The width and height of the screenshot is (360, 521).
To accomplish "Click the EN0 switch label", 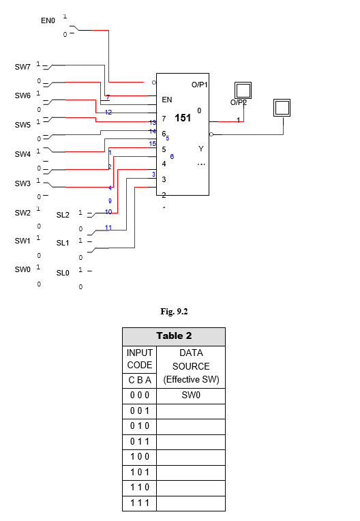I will click(48, 21).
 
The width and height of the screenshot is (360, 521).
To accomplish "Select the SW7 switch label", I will click(22, 67).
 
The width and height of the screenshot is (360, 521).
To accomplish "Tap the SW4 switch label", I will click(22, 154).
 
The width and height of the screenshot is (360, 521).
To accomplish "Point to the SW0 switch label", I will click(22, 269).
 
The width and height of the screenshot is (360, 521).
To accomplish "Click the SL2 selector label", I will click(63, 215).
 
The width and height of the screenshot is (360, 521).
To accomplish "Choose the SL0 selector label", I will click(63, 273).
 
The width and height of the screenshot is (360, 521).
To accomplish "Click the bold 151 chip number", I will click(183, 118).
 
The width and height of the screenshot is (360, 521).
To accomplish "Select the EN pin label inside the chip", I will click(167, 100).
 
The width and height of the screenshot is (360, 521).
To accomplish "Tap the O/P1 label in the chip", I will click(199, 84).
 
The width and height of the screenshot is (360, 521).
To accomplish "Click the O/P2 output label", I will click(238, 102).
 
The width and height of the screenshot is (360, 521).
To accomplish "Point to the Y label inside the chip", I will click(200, 149).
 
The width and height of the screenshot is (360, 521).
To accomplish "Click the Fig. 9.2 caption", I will click(173, 311).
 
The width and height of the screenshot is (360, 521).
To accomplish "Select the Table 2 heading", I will click(173, 336).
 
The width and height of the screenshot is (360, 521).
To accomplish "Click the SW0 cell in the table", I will click(190, 396).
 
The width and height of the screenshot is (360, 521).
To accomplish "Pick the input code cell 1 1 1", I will click(139, 503).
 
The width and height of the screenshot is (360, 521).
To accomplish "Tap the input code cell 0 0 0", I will click(139, 396).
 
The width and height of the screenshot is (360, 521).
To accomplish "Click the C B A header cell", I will click(139, 380).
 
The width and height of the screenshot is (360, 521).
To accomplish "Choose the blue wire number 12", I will click(108, 112).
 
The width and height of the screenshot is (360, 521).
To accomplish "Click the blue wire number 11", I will click(108, 227).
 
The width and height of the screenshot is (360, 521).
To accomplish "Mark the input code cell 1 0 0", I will click(139, 457).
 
